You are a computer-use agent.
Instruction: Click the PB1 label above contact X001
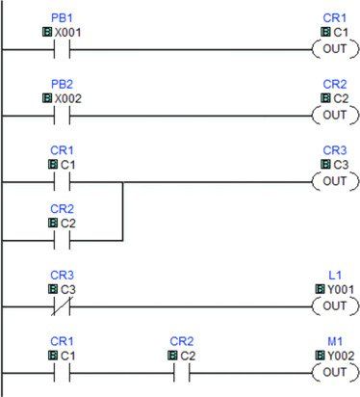tap(62, 18)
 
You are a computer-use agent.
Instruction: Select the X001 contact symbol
tap(62, 50)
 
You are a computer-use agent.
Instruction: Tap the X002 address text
tap(67, 98)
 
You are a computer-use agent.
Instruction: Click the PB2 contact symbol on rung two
tap(62, 116)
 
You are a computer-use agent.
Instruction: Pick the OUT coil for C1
tap(335, 49)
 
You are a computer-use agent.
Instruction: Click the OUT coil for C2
tap(335, 116)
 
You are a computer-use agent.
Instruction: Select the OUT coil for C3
tap(335, 181)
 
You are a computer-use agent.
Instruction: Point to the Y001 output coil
tap(335, 306)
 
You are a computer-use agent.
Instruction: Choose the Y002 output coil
tap(335, 373)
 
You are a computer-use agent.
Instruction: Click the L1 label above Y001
tap(335, 276)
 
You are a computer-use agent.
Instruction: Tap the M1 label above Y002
tap(335, 341)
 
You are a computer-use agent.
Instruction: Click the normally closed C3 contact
tap(62, 306)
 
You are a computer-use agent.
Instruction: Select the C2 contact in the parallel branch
tap(62, 240)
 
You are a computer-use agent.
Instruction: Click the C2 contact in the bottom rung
tap(182, 373)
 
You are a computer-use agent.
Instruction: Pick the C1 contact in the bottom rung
tap(62, 373)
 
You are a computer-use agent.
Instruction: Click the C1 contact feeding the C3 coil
tap(62, 182)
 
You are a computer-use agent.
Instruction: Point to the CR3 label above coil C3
tap(335, 150)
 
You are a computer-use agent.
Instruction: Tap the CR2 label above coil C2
tap(335, 85)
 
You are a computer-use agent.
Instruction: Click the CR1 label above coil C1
tap(335, 18)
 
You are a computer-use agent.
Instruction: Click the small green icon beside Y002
tap(320, 356)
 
